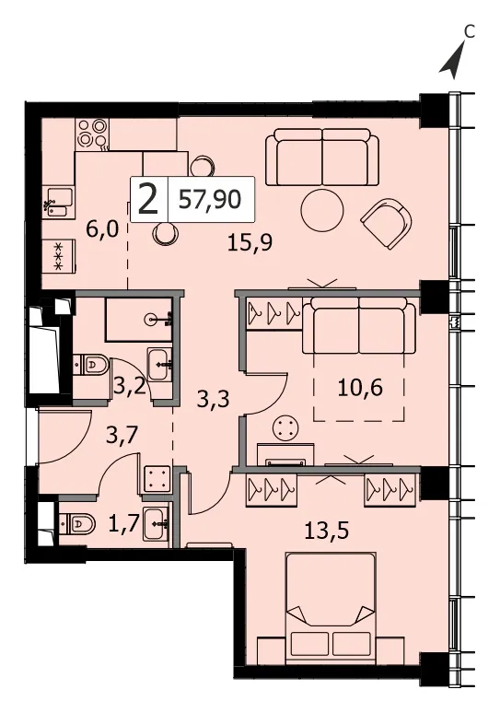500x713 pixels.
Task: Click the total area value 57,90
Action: (x=210, y=199)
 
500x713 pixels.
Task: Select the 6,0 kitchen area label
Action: (x=102, y=229)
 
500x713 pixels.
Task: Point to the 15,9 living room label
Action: (x=250, y=244)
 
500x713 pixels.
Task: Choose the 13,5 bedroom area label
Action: (x=327, y=531)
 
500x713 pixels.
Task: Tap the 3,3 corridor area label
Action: (x=214, y=400)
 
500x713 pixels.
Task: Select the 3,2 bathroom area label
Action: (x=130, y=387)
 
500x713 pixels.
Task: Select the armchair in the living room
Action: (x=387, y=222)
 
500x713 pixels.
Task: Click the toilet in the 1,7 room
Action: (x=77, y=524)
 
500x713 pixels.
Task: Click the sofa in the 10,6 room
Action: (x=359, y=325)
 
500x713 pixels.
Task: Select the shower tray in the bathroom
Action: (x=139, y=320)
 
